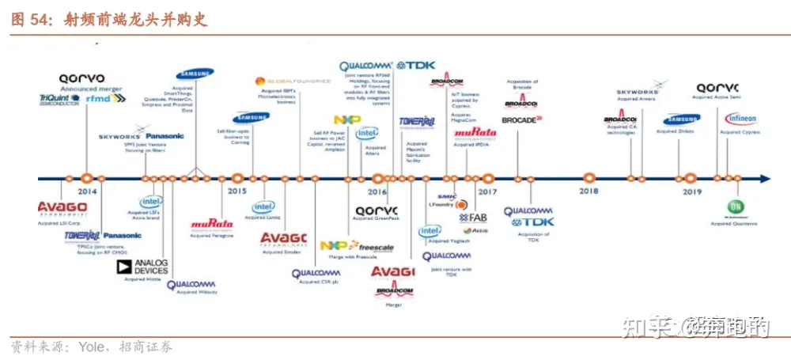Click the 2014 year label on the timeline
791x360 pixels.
(x=87, y=191)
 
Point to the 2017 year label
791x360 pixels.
(x=487, y=191)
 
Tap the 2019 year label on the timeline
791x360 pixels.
(x=692, y=191)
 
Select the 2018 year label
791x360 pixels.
(x=589, y=191)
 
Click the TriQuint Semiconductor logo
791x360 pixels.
(x=59, y=100)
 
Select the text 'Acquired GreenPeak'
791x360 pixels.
(x=373, y=218)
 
